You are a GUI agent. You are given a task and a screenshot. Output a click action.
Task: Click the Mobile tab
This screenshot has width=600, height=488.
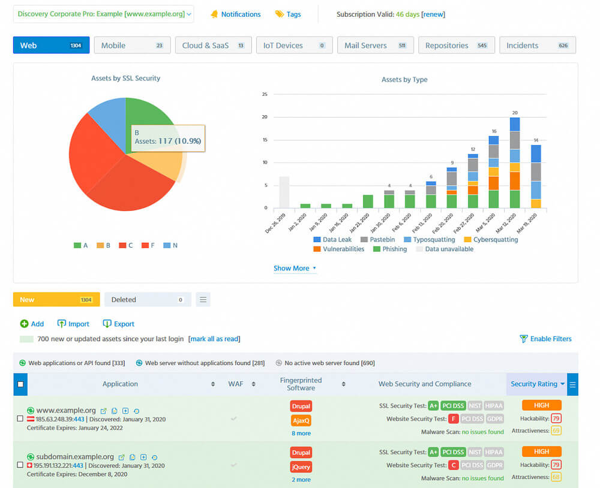(132, 46)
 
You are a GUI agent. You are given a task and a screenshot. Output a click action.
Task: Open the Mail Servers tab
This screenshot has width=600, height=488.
(375, 46)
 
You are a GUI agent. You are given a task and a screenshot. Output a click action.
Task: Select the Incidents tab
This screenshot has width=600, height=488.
(537, 46)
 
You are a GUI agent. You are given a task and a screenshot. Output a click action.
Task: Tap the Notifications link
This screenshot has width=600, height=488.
(241, 14)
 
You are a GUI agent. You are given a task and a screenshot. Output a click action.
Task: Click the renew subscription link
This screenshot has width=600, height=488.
(433, 14)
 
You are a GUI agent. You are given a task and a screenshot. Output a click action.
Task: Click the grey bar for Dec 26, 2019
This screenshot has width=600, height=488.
(284, 192)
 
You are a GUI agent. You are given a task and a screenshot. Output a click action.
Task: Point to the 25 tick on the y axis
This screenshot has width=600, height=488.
(265, 94)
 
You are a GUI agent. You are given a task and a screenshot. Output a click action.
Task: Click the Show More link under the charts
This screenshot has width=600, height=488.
(294, 269)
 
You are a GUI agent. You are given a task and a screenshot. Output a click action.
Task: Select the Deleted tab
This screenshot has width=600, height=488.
(147, 300)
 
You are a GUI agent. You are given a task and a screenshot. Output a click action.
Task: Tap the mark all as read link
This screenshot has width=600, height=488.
(214, 339)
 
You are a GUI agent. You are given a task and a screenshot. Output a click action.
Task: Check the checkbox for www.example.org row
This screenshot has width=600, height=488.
(20, 418)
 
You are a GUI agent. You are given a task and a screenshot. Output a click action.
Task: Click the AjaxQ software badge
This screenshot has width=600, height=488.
(301, 420)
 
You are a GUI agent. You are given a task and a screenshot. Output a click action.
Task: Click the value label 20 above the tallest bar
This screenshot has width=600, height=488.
(514, 113)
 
